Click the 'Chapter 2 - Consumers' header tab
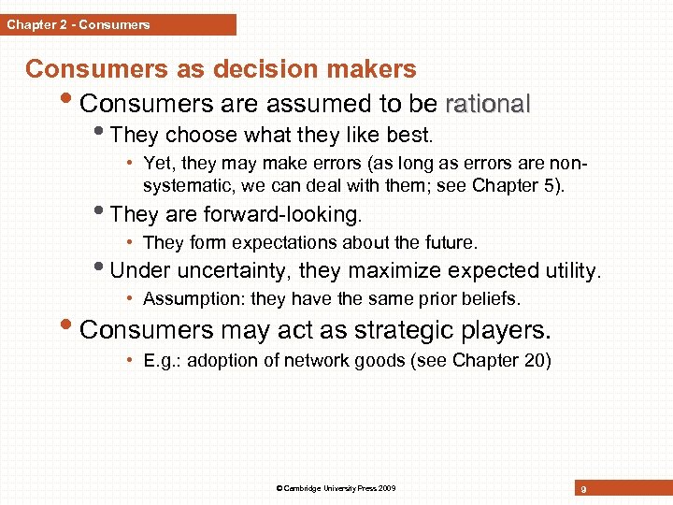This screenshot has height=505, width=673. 79,24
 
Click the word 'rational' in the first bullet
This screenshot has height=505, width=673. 488,103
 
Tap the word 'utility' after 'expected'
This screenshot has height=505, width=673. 570,271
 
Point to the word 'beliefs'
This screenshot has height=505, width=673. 493,299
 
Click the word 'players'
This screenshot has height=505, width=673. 505,330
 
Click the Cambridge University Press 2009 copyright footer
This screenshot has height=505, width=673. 336,489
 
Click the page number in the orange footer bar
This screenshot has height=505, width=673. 582,489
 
